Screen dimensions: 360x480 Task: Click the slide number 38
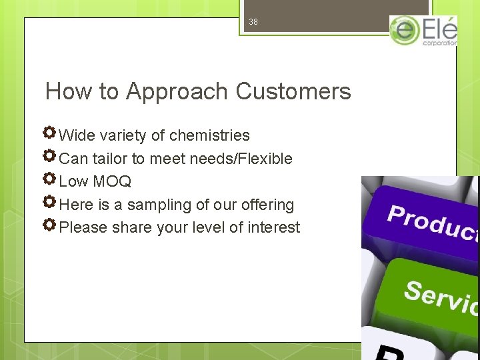pyautogui.click(x=253, y=22)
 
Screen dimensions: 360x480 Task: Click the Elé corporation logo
pyautogui.click(x=424, y=31)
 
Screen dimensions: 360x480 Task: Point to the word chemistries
pyautogui.click(x=209, y=135)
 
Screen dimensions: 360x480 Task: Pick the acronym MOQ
pyautogui.click(x=112, y=181)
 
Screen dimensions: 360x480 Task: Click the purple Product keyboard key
pyautogui.click(x=427, y=220)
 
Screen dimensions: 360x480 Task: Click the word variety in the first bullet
pyautogui.click(x=123, y=135)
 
